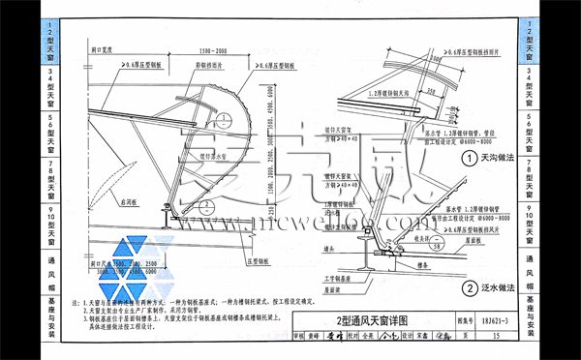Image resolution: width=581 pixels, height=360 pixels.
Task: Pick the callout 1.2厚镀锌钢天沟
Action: [x=374, y=93]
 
